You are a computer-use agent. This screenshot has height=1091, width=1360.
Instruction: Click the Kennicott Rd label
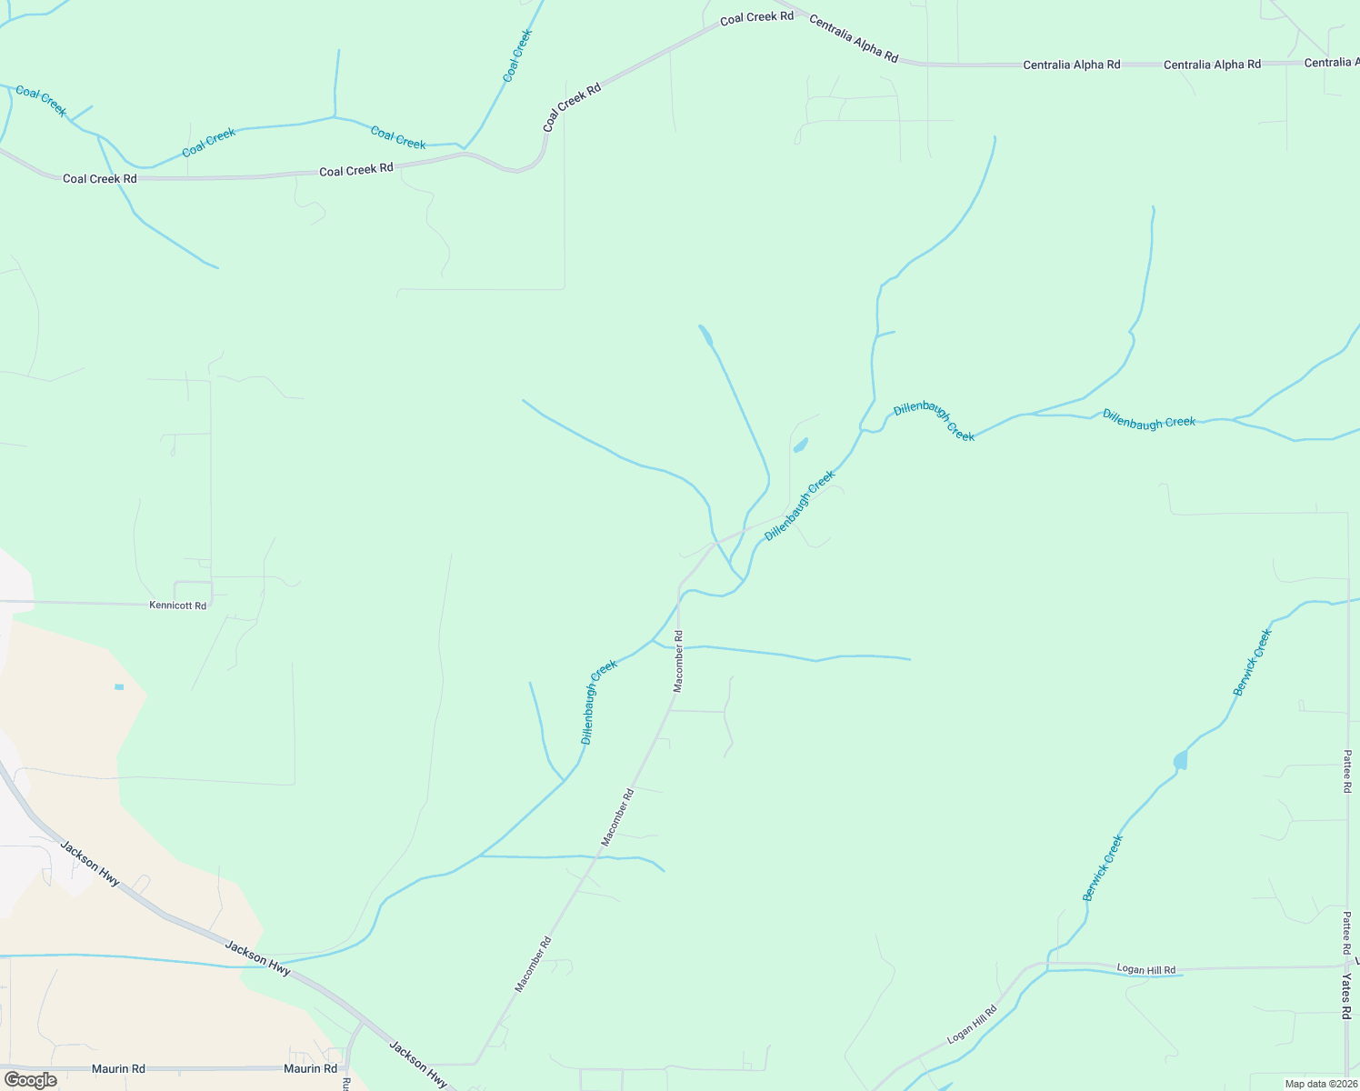177,606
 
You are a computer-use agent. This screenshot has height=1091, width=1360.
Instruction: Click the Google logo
30,1080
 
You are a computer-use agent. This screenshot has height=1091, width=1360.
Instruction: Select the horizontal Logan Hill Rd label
1145,970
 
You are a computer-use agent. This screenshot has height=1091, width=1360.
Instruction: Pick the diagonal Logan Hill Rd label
972,1025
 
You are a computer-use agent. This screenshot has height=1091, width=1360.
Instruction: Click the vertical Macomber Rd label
677,661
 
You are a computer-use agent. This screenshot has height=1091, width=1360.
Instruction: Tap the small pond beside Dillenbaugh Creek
801,445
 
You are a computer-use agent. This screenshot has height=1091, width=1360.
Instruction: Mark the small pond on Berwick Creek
1180,760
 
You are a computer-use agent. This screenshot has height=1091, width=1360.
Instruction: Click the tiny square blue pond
119,687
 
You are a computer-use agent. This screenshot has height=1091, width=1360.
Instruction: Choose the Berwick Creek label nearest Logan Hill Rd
1103,868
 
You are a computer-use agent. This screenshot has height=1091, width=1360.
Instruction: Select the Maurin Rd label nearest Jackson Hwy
310,1069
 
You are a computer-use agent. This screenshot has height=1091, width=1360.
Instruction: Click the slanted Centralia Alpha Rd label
853,40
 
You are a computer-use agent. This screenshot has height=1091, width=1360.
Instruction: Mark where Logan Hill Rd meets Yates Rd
1346,967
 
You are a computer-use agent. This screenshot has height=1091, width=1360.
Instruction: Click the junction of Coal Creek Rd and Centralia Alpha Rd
773,8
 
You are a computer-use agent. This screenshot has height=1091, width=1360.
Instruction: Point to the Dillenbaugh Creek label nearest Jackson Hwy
598,703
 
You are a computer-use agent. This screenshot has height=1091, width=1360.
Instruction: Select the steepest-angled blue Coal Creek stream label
517,55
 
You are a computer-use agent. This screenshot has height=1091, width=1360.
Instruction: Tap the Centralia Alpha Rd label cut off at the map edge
1331,63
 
